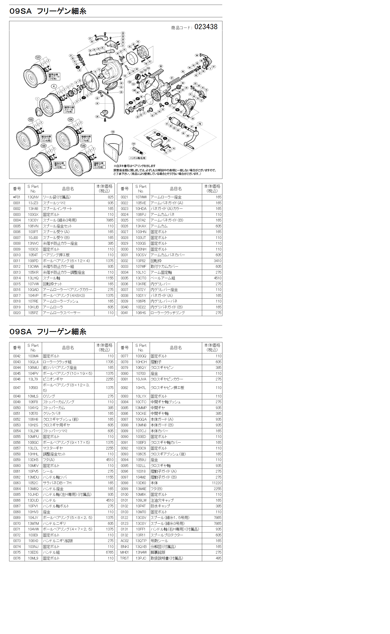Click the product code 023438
(206, 27)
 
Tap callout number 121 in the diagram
(38, 57)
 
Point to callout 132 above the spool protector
(113, 132)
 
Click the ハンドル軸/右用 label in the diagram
(138, 158)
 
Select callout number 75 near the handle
(200, 124)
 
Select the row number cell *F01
(17, 197)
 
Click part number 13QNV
(33, 197)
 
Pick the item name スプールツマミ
(54, 203)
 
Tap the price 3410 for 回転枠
(217, 261)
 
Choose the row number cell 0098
(124, 483)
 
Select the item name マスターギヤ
(53, 448)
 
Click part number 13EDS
(33, 552)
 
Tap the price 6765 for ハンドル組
(110, 552)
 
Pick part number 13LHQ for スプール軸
(33, 278)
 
